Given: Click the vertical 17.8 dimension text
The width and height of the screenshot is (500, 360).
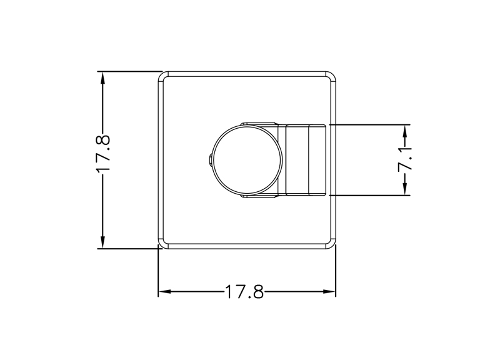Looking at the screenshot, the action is click(103, 153).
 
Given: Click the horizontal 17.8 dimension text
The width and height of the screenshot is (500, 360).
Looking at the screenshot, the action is click(244, 292).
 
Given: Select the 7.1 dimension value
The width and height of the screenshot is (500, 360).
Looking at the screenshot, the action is click(405, 159).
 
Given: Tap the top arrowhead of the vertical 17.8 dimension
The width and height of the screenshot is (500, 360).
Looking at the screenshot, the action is click(102, 78).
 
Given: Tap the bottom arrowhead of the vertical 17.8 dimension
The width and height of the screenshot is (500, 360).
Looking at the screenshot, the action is click(102, 242).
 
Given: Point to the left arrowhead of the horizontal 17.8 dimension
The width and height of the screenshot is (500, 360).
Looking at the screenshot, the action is click(165, 291).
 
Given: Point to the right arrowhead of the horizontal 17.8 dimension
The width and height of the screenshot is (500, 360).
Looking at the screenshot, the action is click(329, 291).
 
